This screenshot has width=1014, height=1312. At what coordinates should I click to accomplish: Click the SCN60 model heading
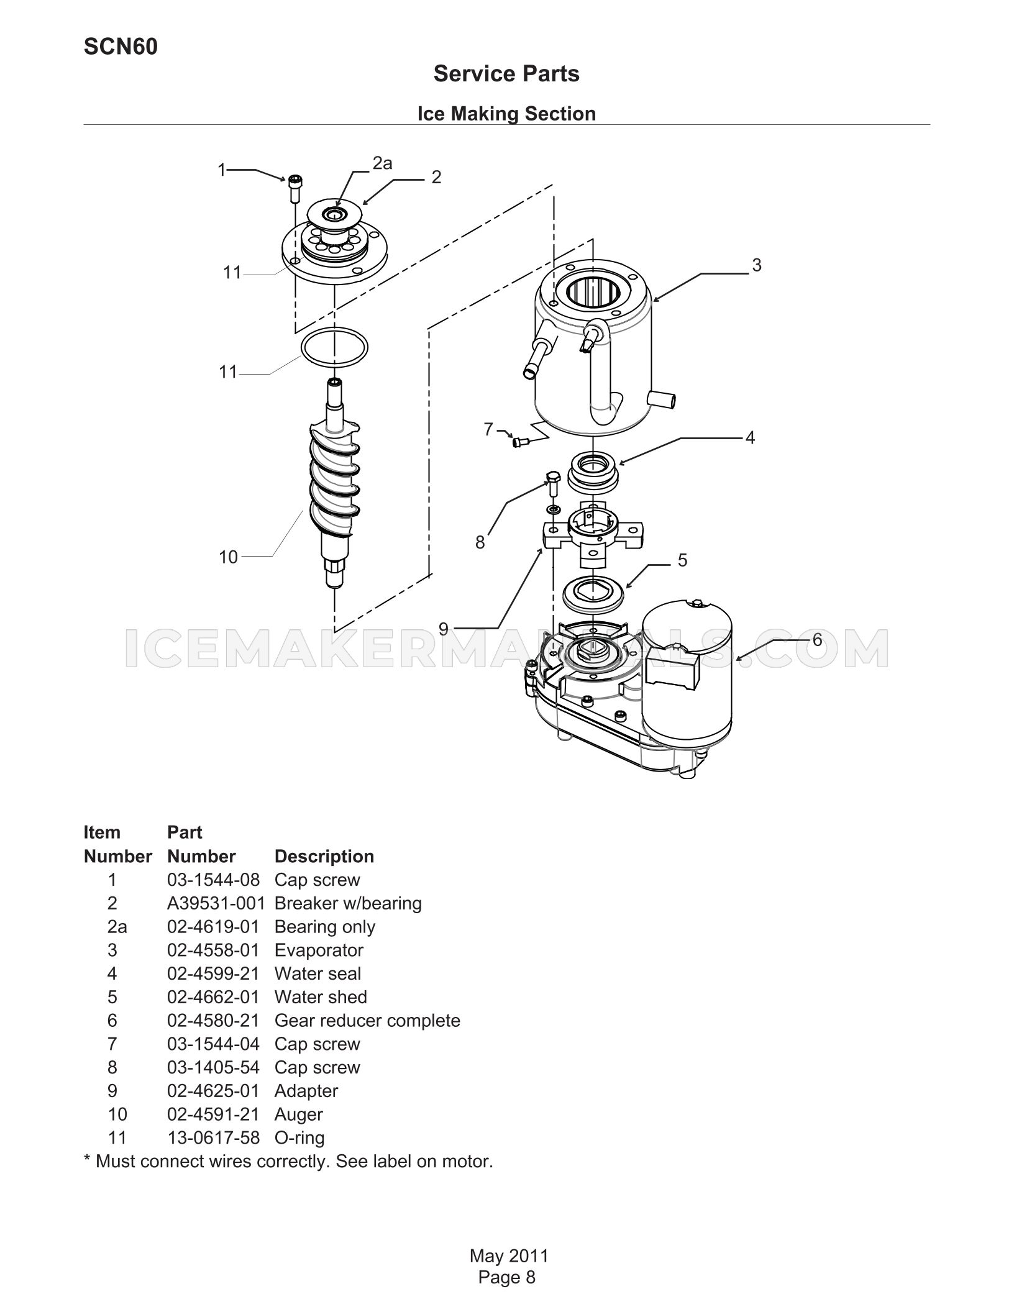(121, 47)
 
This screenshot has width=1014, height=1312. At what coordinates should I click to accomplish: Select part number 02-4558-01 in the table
(213, 950)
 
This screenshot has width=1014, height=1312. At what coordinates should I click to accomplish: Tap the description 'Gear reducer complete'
(367, 1021)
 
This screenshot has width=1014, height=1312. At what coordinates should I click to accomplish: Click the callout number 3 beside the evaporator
(756, 265)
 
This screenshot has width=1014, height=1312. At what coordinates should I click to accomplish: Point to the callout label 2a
(383, 163)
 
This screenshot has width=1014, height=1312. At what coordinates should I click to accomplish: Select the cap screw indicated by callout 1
(294, 188)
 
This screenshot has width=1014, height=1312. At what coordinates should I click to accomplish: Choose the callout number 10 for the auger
(229, 557)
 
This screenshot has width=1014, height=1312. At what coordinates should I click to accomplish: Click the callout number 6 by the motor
(817, 639)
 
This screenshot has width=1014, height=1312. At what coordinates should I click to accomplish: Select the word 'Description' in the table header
(324, 856)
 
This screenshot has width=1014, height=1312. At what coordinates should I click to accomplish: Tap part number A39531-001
(216, 903)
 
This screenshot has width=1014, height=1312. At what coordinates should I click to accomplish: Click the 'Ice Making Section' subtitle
(506, 114)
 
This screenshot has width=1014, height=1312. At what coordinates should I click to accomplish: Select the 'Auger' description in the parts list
(299, 1114)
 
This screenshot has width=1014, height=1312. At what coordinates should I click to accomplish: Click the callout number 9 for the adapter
(444, 629)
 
